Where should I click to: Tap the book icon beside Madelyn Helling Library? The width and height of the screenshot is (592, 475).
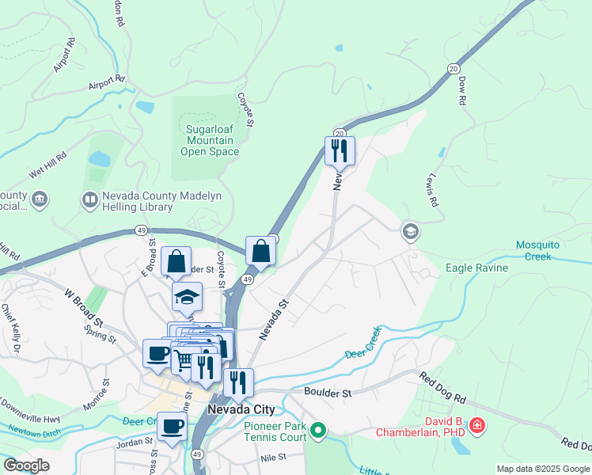[90, 199]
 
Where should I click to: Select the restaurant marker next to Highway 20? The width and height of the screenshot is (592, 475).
[340, 150]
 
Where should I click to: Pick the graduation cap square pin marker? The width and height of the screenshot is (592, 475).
[187, 297]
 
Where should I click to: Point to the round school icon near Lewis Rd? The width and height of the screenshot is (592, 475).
[410, 231]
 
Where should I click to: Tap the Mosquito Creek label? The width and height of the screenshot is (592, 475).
[543, 250]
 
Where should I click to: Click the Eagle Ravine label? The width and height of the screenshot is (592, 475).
[477, 268]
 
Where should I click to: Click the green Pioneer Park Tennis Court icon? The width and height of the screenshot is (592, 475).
[318, 431]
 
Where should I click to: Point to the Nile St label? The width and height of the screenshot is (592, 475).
[272, 458]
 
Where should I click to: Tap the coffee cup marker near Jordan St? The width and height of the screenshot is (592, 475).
[172, 427]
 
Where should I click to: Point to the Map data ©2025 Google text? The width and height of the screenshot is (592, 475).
[542, 469]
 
